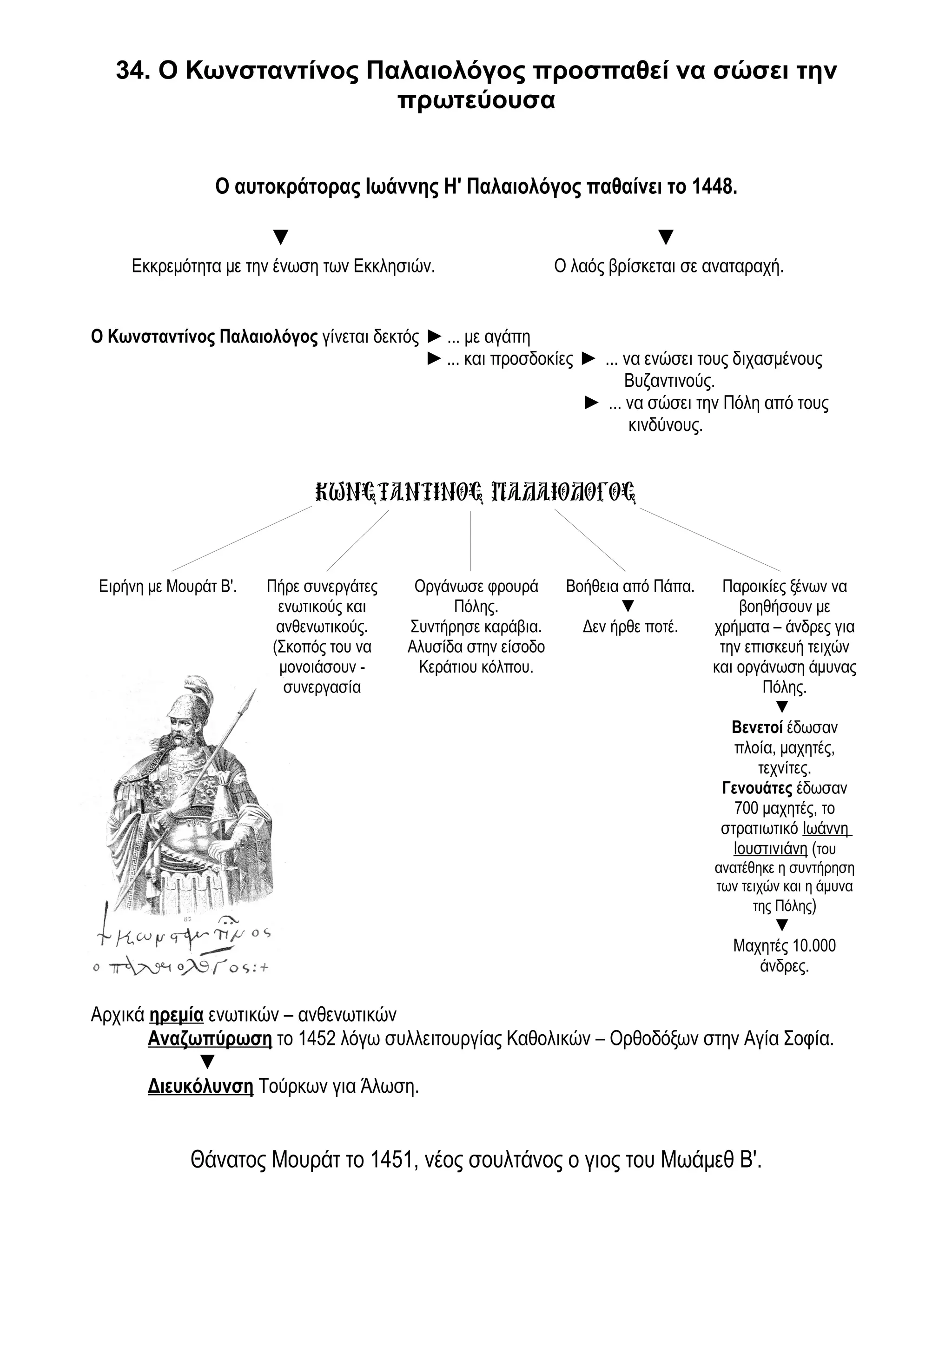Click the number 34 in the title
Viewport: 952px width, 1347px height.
(x=130, y=72)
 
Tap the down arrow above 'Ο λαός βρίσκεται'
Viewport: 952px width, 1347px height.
(x=665, y=237)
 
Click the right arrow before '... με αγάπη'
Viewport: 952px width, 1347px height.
(x=434, y=337)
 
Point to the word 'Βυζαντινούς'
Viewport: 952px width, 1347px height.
(x=669, y=381)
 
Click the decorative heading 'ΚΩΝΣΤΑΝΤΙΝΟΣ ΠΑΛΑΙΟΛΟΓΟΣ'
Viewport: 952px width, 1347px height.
(x=475, y=492)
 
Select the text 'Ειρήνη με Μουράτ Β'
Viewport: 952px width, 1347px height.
(x=168, y=586)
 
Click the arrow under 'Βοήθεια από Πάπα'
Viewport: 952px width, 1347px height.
(x=628, y=606)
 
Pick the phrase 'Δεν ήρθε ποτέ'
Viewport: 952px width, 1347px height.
(x=630, y=627)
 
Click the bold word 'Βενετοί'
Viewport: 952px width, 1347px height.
(x=757, y=728)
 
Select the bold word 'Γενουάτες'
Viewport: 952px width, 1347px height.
(x=757, y=788)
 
